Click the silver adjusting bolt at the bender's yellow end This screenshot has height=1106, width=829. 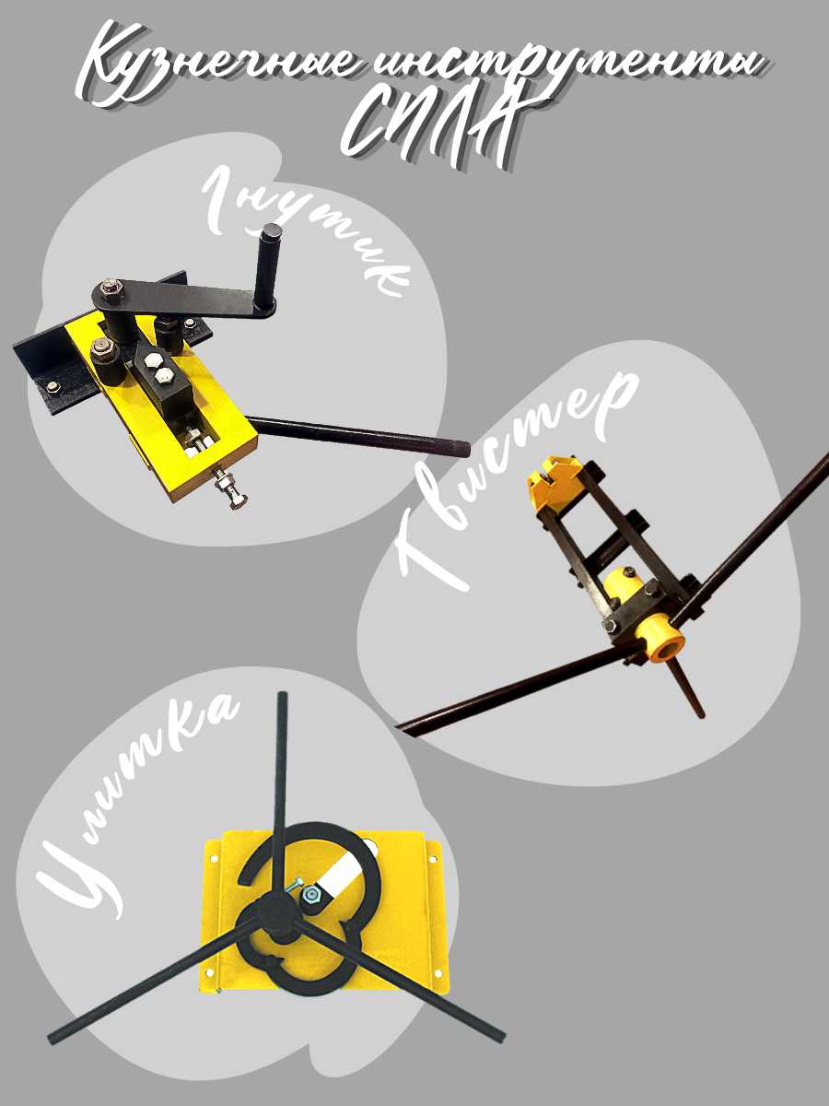[x=231, y=491]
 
